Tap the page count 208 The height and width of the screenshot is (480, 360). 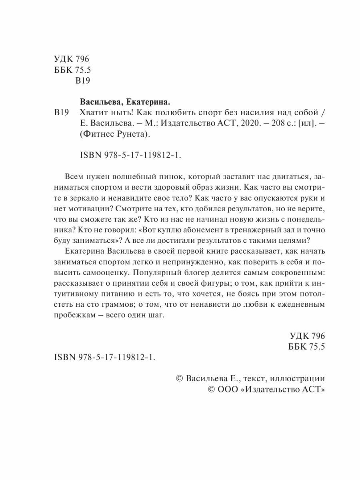click(260, 124)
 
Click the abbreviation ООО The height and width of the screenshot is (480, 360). click(228, 390)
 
